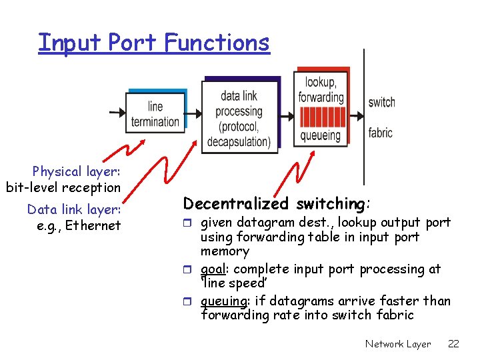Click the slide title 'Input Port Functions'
coord(154,43)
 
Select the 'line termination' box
coord(155,113)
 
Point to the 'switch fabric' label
coord(381,117)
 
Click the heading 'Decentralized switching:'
coord(277,203)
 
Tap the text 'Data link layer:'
coord(73,209)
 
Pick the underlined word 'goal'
coord(214,269)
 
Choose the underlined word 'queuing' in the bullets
coord(222,301)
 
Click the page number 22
coord(453,344)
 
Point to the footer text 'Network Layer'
coord(398,344)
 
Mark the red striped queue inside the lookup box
coord(321,117)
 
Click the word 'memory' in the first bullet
coord(225,251)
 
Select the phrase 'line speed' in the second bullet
coord(226,283)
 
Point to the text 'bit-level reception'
coord(63,188)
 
